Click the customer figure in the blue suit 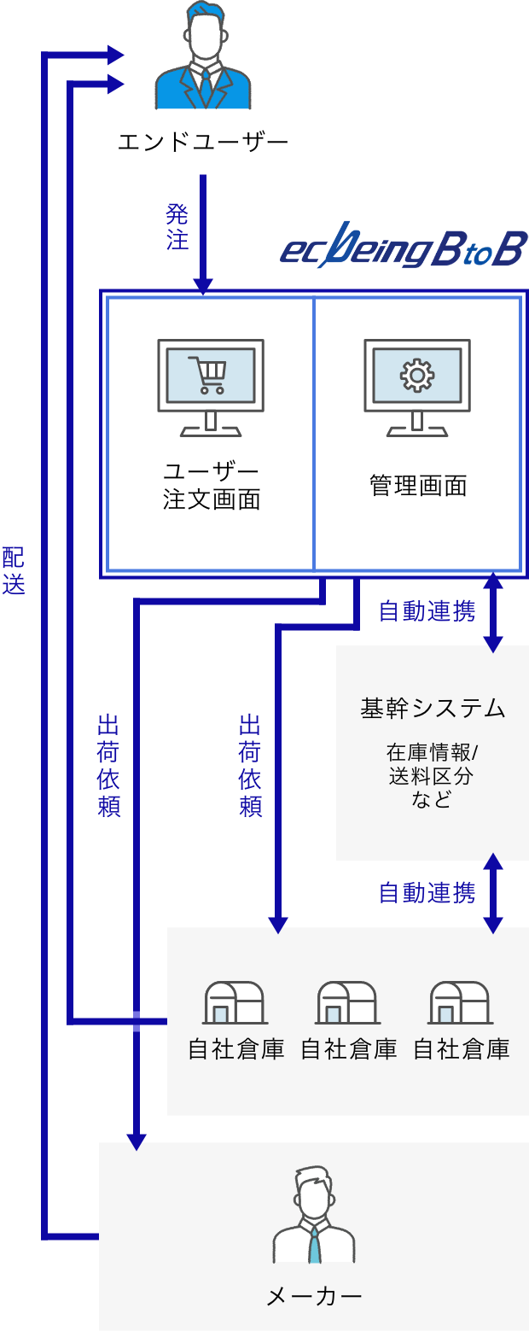click(203, 60)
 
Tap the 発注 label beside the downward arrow click(177, 227)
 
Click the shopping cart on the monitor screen click(210, 375)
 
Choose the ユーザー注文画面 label click(211, 485)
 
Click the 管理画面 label click(418, 486)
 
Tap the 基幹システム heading click(433, 708)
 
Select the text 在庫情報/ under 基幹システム click(433, 753)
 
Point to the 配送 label click(14, 570)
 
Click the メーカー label click(314, 1297)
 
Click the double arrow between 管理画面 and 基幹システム click(492, 611)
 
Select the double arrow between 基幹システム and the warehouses click(492, 893)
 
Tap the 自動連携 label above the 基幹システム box click(427, 611)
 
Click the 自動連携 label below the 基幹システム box click(427, 893)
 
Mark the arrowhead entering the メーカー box click(136, 1141)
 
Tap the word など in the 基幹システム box click(432, 800)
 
